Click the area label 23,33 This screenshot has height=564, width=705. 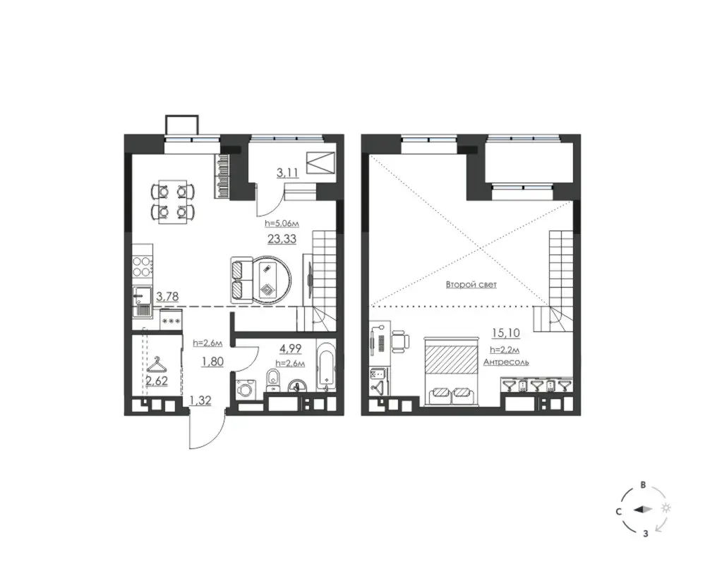coord(282,239)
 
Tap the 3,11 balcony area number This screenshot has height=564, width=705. coord(288,173)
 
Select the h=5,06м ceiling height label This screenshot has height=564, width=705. coord(282,223)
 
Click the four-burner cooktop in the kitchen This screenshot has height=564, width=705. coord(143,266)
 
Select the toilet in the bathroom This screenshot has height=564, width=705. coord(273,380)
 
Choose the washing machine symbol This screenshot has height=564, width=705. coord(246,388)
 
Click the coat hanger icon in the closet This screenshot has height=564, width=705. coord(156,364)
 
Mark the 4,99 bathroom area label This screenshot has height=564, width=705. coord(290,348)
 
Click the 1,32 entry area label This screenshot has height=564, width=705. coord(200,400)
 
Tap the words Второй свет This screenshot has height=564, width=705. coord(471,285)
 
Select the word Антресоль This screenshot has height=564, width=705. coord(506,362)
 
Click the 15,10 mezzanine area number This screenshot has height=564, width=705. coord(506,333)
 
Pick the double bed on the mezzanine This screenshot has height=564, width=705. coord(452,371)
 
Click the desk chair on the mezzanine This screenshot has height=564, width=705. coord(401,342)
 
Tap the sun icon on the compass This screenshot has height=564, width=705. coord(666,508)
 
